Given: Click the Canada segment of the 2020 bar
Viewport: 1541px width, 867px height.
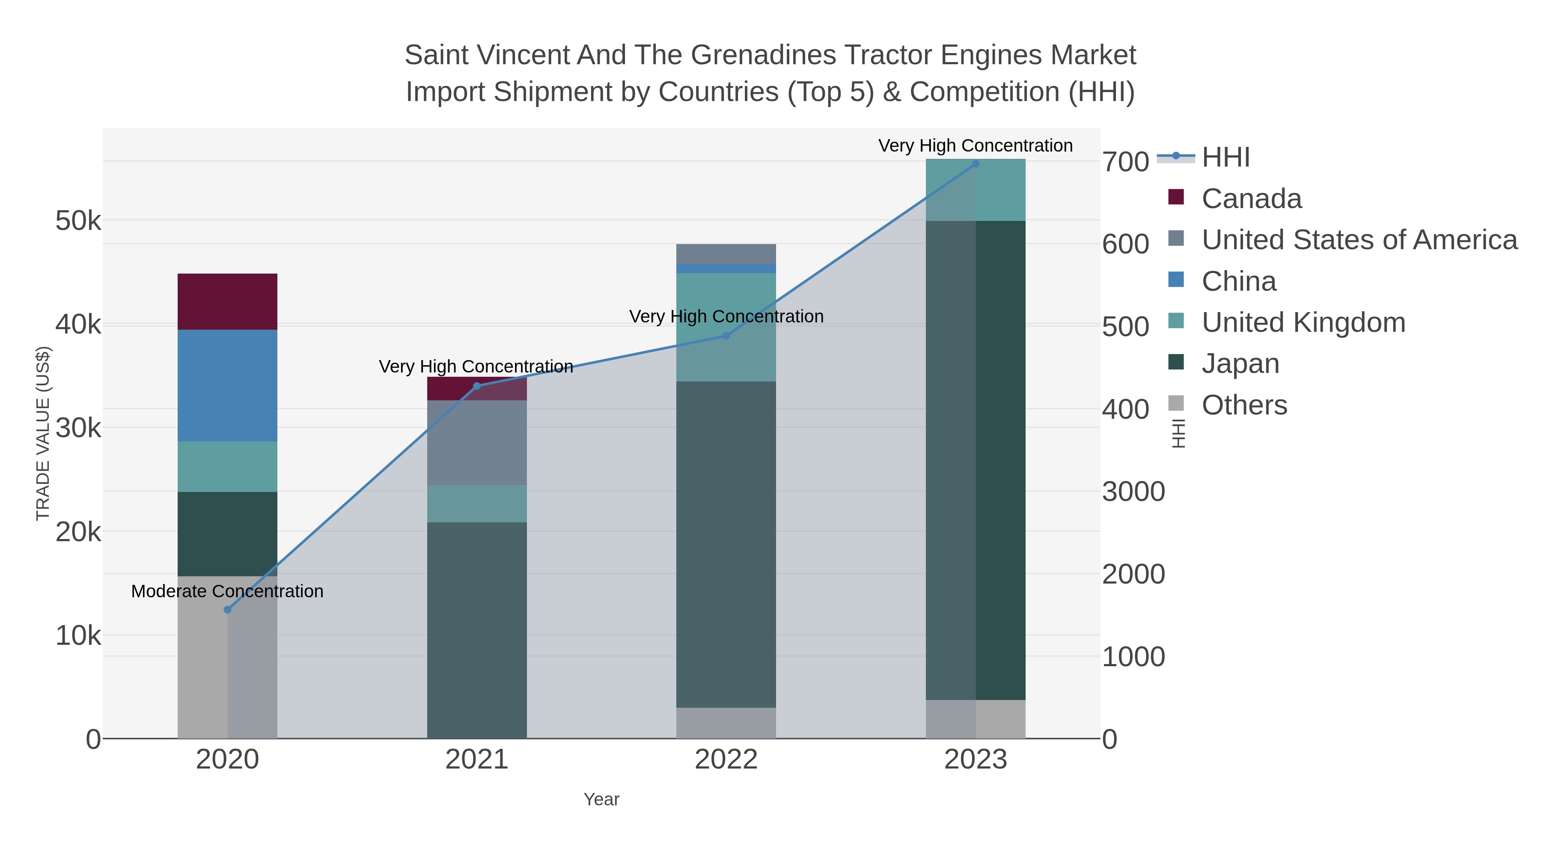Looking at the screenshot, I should pos(227,301).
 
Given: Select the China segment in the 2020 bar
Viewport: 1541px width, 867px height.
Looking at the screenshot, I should pos(227,385).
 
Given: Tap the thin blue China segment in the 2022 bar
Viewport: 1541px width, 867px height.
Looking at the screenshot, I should pos(726,268).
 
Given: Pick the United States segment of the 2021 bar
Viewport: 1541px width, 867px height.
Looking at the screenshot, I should pos(477,442).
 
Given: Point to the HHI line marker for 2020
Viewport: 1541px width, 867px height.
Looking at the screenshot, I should pos(227,610).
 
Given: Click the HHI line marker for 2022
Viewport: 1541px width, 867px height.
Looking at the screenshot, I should pos(726,336).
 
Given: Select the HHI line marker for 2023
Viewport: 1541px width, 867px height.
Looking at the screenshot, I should pos(976,164).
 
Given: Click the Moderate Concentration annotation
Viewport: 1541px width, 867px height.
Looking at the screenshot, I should pos(227,591).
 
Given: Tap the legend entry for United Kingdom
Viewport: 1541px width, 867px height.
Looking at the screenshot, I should pos(1303,322).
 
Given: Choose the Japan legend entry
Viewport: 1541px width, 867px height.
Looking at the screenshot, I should pos(1240,364).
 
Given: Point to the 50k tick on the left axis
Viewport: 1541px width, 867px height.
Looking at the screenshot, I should pos(78,221).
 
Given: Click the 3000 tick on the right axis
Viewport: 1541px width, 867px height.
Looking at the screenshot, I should pos(1133,492).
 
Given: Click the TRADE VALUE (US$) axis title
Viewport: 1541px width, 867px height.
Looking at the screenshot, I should pos(43,433).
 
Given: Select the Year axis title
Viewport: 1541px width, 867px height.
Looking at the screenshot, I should pos(601,799).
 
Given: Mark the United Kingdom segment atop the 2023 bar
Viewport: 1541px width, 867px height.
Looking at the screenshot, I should pos(976,190).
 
